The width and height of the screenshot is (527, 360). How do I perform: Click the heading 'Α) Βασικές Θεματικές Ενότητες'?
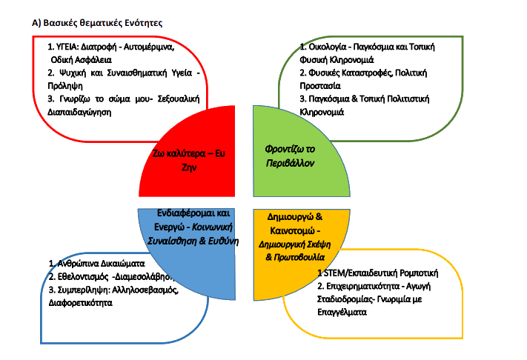point(97,23)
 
